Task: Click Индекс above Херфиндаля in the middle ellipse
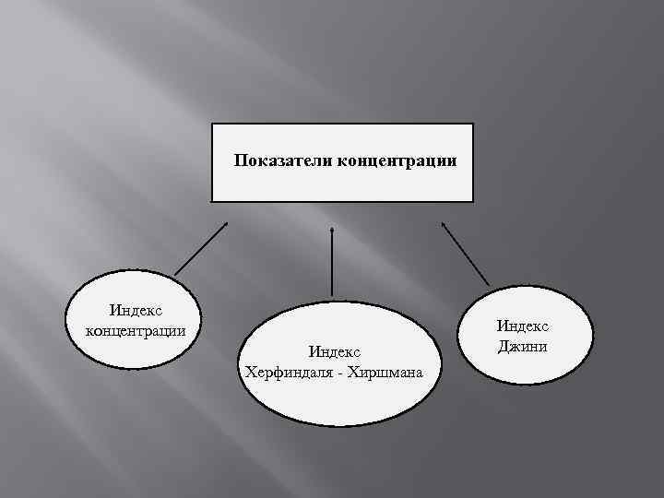click(x=334, y=351)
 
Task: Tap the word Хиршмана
click(x=386, y=372)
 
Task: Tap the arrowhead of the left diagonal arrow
click(x=224, y=222)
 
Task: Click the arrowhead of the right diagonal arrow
click(x=443, y=222)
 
